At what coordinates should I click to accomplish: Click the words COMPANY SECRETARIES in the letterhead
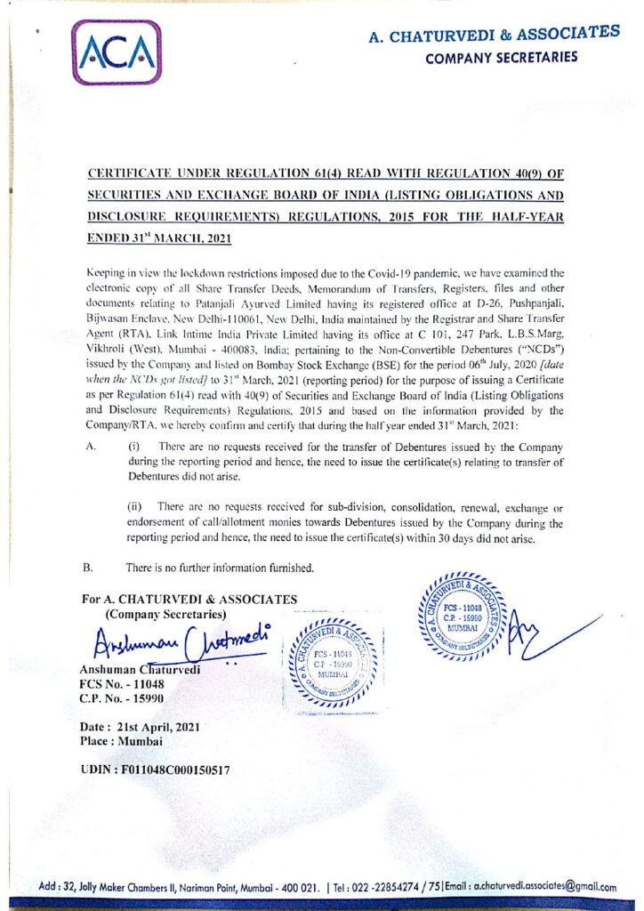coord(502,58)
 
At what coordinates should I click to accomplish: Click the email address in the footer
coord(545,887)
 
